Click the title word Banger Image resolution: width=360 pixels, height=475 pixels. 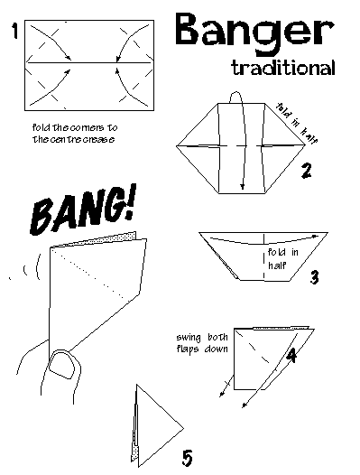[x=254, y=33]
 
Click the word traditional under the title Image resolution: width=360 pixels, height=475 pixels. [x=283, y=67]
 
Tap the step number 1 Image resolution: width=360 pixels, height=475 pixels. [x=14, y=31]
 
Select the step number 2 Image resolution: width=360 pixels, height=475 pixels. [x=306, y=171]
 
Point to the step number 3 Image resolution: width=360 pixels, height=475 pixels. [x=314, y=276]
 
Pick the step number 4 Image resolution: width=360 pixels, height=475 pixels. [x=291, y=355]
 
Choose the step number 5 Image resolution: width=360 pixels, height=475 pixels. [x=187, y=458]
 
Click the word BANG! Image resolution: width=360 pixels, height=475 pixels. [x=82, y=210]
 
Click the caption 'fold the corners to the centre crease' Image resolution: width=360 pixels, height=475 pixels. [x=75, y=134]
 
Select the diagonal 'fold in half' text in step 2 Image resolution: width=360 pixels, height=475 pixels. [x=297, y=123]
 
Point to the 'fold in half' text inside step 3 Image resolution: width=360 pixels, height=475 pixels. [x=282, y=258]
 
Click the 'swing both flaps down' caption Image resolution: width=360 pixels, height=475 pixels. [x=202, y=343]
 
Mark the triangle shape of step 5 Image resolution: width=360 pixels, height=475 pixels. [x=157, y=427]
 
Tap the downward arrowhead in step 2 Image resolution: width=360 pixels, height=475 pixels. [x=242, y=187]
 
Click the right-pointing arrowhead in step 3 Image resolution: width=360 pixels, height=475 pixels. [x=316, y=236]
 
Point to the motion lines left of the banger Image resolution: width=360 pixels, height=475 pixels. [x=26, y=268]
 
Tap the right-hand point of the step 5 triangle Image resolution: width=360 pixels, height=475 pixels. [x=183, y=428]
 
